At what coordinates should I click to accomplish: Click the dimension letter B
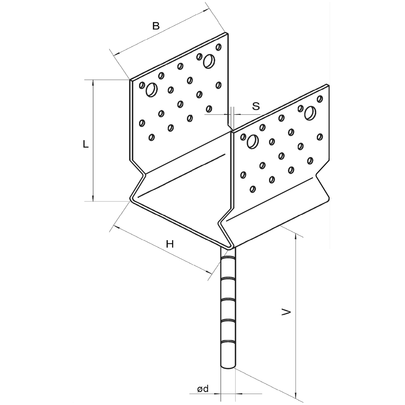coord(156,26)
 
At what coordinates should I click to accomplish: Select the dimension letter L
coord(85,144)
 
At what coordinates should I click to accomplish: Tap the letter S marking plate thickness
coord(256,106)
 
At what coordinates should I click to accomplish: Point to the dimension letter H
coord(170,244)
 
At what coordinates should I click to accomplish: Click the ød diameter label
coord(202,389)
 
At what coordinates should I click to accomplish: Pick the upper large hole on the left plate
coord(209,61)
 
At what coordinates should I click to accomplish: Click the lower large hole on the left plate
coord(152,90)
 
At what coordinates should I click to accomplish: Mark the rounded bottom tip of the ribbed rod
coord(228,366)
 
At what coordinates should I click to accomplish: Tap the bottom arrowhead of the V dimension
coord(296,394)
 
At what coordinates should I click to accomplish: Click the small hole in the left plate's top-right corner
coord(219,47)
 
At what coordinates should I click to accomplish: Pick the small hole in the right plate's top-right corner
coord(320,98)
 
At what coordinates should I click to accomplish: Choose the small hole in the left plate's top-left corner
coord(142,85)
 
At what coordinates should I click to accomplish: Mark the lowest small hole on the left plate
coord(151,137)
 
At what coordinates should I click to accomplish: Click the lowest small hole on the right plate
coord(253,189)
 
